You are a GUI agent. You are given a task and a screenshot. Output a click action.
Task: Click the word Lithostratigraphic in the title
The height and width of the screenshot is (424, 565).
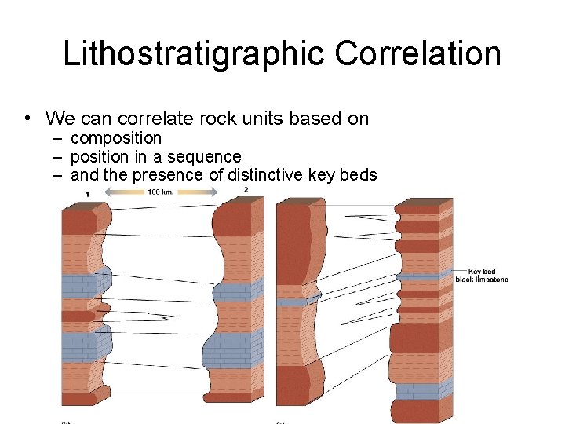pos(195,53)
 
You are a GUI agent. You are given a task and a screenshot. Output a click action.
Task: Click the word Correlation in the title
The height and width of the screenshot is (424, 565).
pos(417,53)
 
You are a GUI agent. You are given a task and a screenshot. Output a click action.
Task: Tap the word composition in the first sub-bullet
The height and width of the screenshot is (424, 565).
pos(116,138)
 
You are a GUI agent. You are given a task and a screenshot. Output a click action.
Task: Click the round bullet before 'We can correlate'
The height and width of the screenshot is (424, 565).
pos(27,119)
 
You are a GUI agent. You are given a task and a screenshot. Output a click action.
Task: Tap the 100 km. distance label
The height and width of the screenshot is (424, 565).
pos(161,192)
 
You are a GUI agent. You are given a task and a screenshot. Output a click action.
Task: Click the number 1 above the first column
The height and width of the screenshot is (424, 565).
pos(87,194)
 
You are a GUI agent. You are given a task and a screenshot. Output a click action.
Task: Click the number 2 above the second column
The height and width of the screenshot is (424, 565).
pos(246,190)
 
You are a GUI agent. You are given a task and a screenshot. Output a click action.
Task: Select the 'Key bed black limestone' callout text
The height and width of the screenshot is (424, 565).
pos(482,276)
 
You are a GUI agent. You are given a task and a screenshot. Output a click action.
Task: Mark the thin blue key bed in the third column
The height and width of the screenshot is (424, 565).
pos(293,302)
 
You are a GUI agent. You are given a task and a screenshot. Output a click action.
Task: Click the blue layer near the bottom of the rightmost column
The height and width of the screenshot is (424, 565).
pos(421,390)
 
